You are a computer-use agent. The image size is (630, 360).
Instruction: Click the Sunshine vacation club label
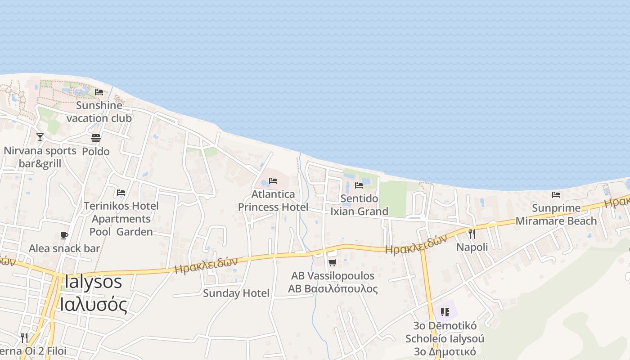(99, 112)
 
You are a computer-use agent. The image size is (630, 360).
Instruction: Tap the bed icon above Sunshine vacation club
(99, 92)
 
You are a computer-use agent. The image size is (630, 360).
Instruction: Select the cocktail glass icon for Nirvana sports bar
(40, 137)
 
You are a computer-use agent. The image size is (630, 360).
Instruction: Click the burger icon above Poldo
(96, 138)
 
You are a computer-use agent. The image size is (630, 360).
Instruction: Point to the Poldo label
(96, 151)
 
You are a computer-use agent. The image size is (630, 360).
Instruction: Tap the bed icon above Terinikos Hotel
(121, 193)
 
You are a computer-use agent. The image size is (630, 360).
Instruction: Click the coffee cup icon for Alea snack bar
(64, 235)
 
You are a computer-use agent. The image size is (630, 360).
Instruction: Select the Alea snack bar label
(64, 248)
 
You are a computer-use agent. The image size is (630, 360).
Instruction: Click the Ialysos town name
(93, 282)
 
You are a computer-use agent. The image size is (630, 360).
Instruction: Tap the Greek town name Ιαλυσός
(93, 304)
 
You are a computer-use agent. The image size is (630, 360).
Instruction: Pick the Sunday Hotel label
(236, 293)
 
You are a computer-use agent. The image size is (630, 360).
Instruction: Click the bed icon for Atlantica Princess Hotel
(273, 181)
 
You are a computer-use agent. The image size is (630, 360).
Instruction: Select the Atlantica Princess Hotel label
(273, 201)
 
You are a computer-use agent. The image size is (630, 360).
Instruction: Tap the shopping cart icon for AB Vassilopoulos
(333, 262)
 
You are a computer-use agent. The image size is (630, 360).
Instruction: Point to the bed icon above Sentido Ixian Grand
(359, 185)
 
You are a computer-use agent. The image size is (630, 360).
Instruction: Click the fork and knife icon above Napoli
(472, 234)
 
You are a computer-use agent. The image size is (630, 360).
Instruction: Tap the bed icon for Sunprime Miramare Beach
(556, 195)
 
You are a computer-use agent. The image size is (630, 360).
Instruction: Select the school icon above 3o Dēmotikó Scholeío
(445, 312)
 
